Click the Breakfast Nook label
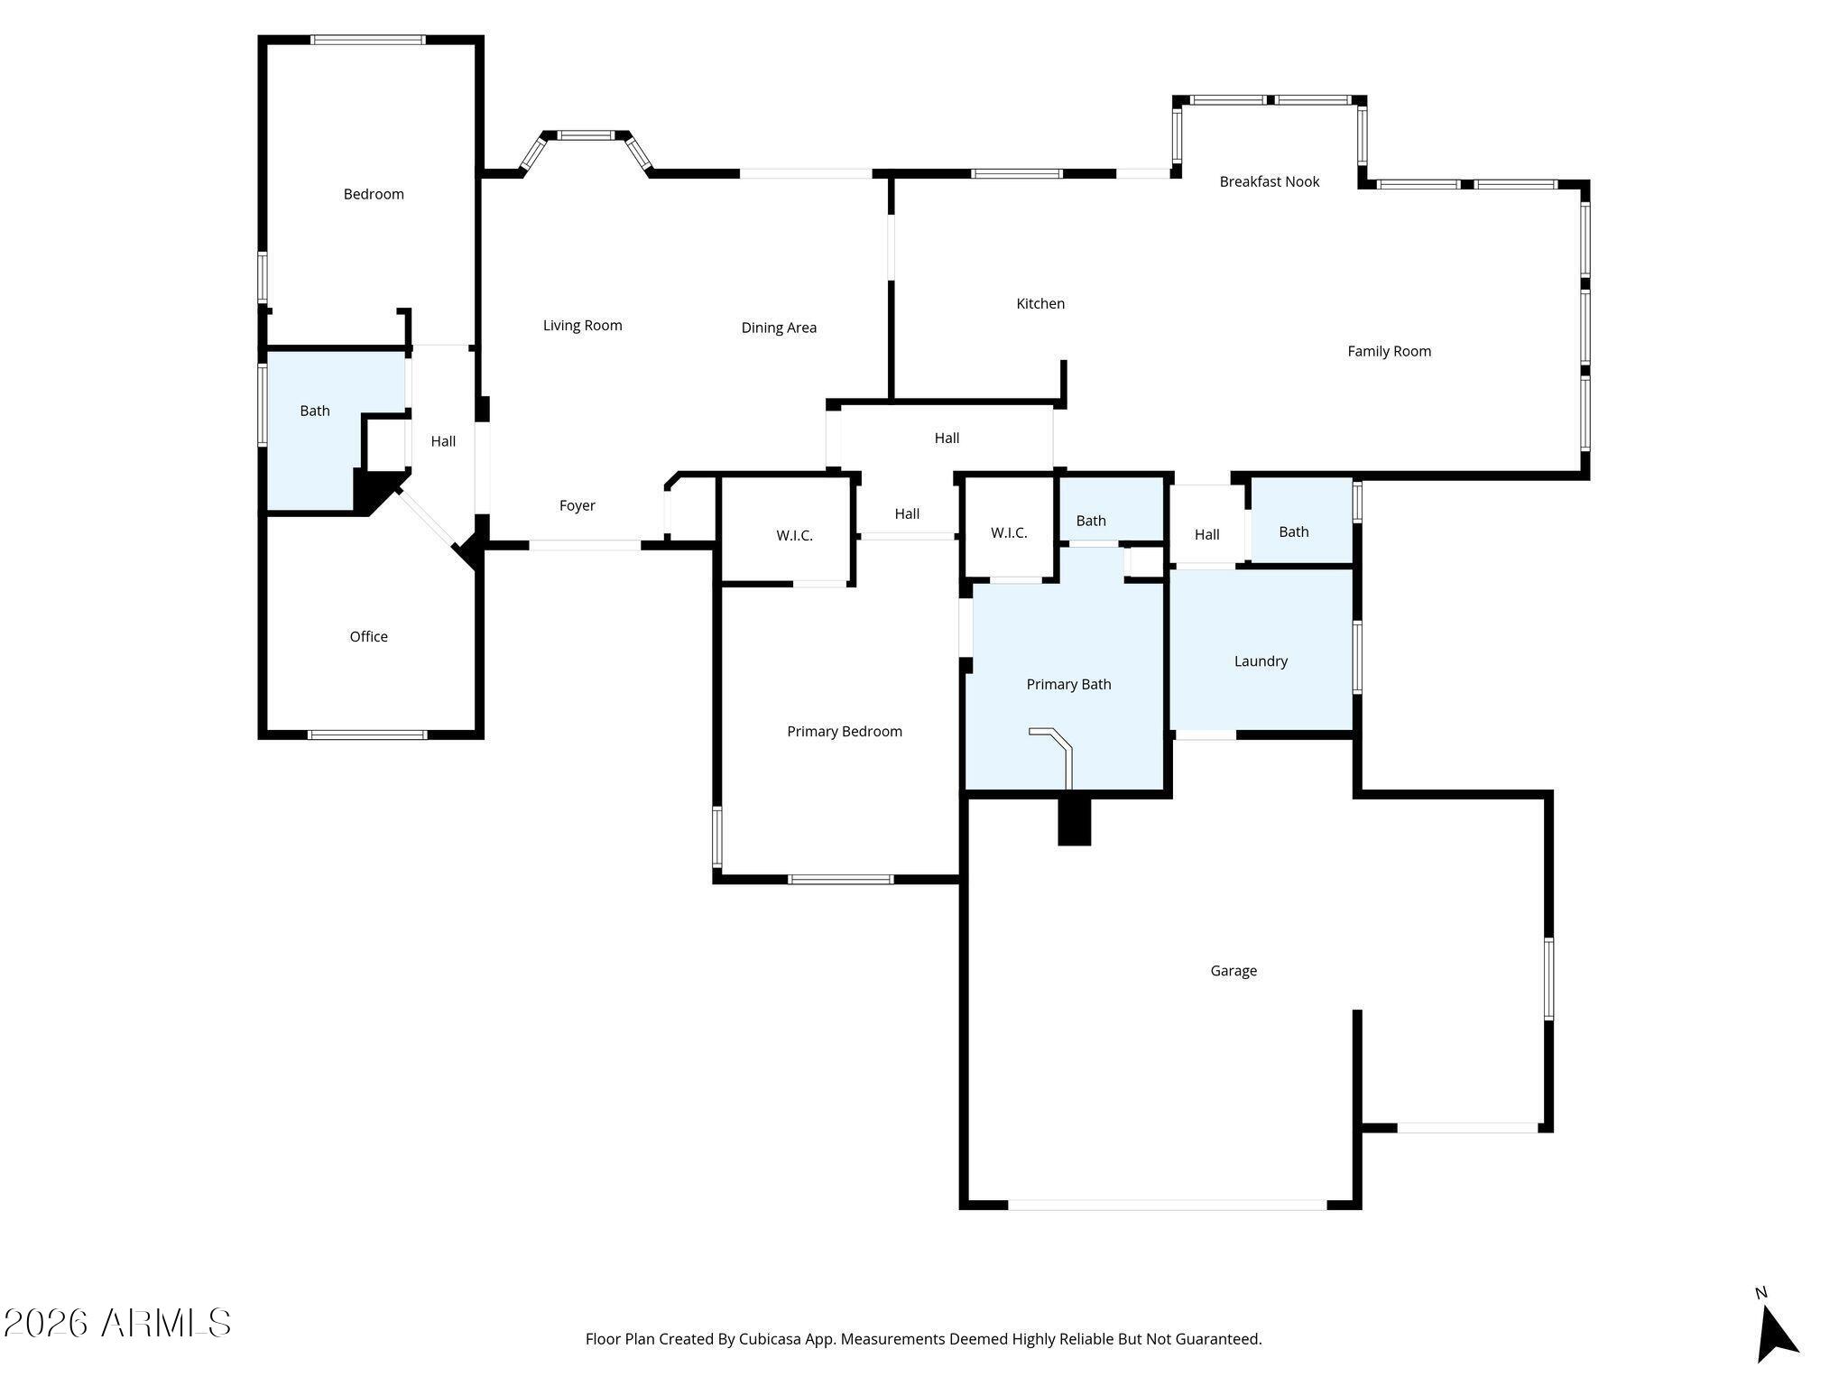click(1269, 181)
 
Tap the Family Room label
click(1389, 351)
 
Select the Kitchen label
click(1040, 303)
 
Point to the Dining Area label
click(779, 328)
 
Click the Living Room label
click(582, 325)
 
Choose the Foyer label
click(577, 505)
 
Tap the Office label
click(368, 636)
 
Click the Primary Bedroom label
click(844, 731)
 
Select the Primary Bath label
click(1068, 684)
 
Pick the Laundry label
click(1261, 661)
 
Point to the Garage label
click(1233, 970)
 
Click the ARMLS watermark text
click(116, 1323)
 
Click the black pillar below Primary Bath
click(1074, 821)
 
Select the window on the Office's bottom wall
click(367, 735)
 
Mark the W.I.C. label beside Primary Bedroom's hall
click(794, 535)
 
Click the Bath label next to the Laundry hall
click(1293, 531)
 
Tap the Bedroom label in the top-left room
click(373, 194)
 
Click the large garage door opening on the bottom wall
click(1167, 1205)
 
